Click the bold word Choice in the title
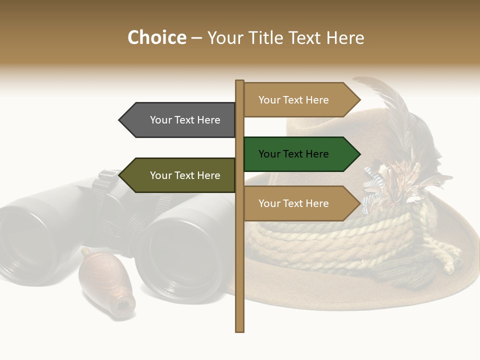coord(156,38)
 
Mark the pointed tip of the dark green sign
coord(359,154)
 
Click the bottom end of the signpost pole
coord(240,329)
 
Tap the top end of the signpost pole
coord(240,82)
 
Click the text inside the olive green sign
coord(185,175)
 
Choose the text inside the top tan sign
coord(293,100)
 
